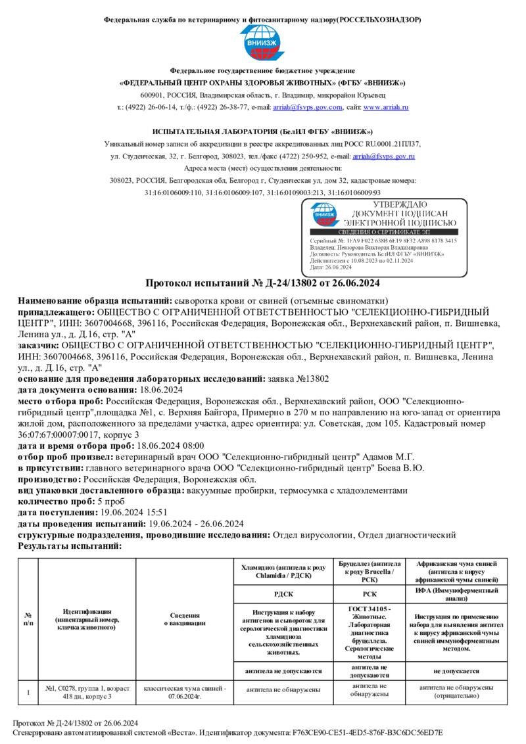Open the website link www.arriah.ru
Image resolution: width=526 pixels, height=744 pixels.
[386, 107]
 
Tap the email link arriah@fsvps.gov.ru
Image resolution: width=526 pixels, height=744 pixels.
[384, 156]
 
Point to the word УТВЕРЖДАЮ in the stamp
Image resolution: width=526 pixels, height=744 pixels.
[400, 206]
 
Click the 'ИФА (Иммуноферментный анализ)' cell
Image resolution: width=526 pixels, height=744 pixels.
[456, 593]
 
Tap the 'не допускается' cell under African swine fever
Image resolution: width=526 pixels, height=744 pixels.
[456, 671]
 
